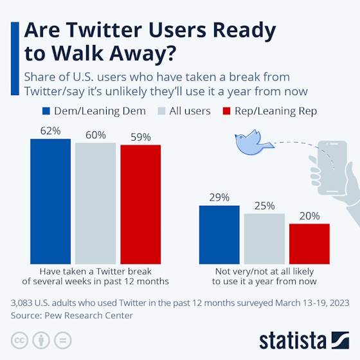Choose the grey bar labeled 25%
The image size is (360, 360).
tap(264, 237)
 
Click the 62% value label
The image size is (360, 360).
tap(50, 131)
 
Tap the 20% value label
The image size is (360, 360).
tap(309, 216)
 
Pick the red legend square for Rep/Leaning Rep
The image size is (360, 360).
tap(226, 111)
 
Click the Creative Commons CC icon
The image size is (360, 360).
tap(20, 339)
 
